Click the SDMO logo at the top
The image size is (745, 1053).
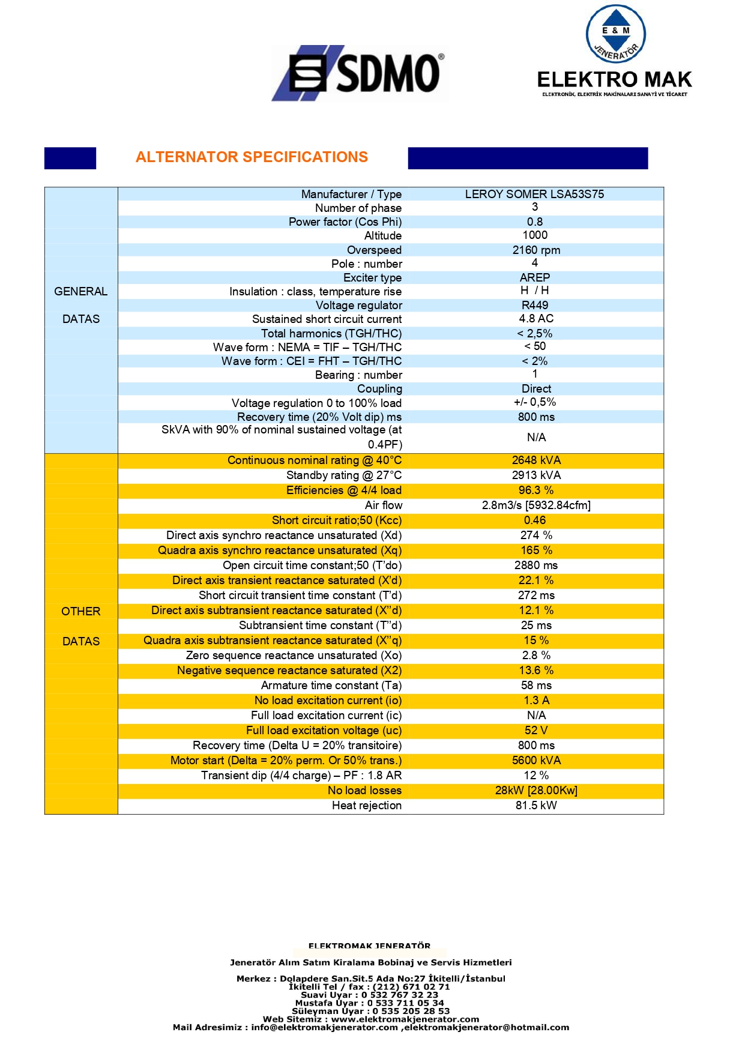coord(359,73)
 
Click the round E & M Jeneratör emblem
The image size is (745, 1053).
coord(615,35)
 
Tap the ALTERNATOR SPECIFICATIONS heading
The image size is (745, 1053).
coord(252,157)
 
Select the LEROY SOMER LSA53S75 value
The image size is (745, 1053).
coord(534,194)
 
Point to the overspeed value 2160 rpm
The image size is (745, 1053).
coord(536,250)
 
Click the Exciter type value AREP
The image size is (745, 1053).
coord(534,277)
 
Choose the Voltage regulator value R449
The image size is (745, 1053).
coord(534,305)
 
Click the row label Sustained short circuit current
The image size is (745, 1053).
coord(327,319)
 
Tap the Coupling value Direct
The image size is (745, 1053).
coord(536,389)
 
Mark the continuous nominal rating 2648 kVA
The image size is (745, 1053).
coord(536,460)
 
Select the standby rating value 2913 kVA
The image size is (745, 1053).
coord(536,475)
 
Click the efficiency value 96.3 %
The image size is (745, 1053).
coord(536,490)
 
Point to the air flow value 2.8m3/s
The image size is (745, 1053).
coord(536,505)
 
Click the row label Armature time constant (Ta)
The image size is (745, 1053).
coord(331,686)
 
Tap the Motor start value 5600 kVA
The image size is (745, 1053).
coord(536,761)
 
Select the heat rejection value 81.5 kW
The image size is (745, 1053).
coord(536,806)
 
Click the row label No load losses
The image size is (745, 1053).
coord(364,791)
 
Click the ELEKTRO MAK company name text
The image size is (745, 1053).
coord(614,80)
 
